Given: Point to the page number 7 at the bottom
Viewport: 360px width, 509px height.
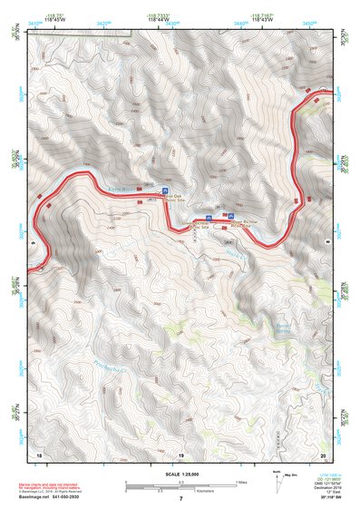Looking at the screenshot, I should coord(180,498).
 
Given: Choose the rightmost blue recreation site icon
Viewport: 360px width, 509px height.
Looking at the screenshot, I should coord(230,217).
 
